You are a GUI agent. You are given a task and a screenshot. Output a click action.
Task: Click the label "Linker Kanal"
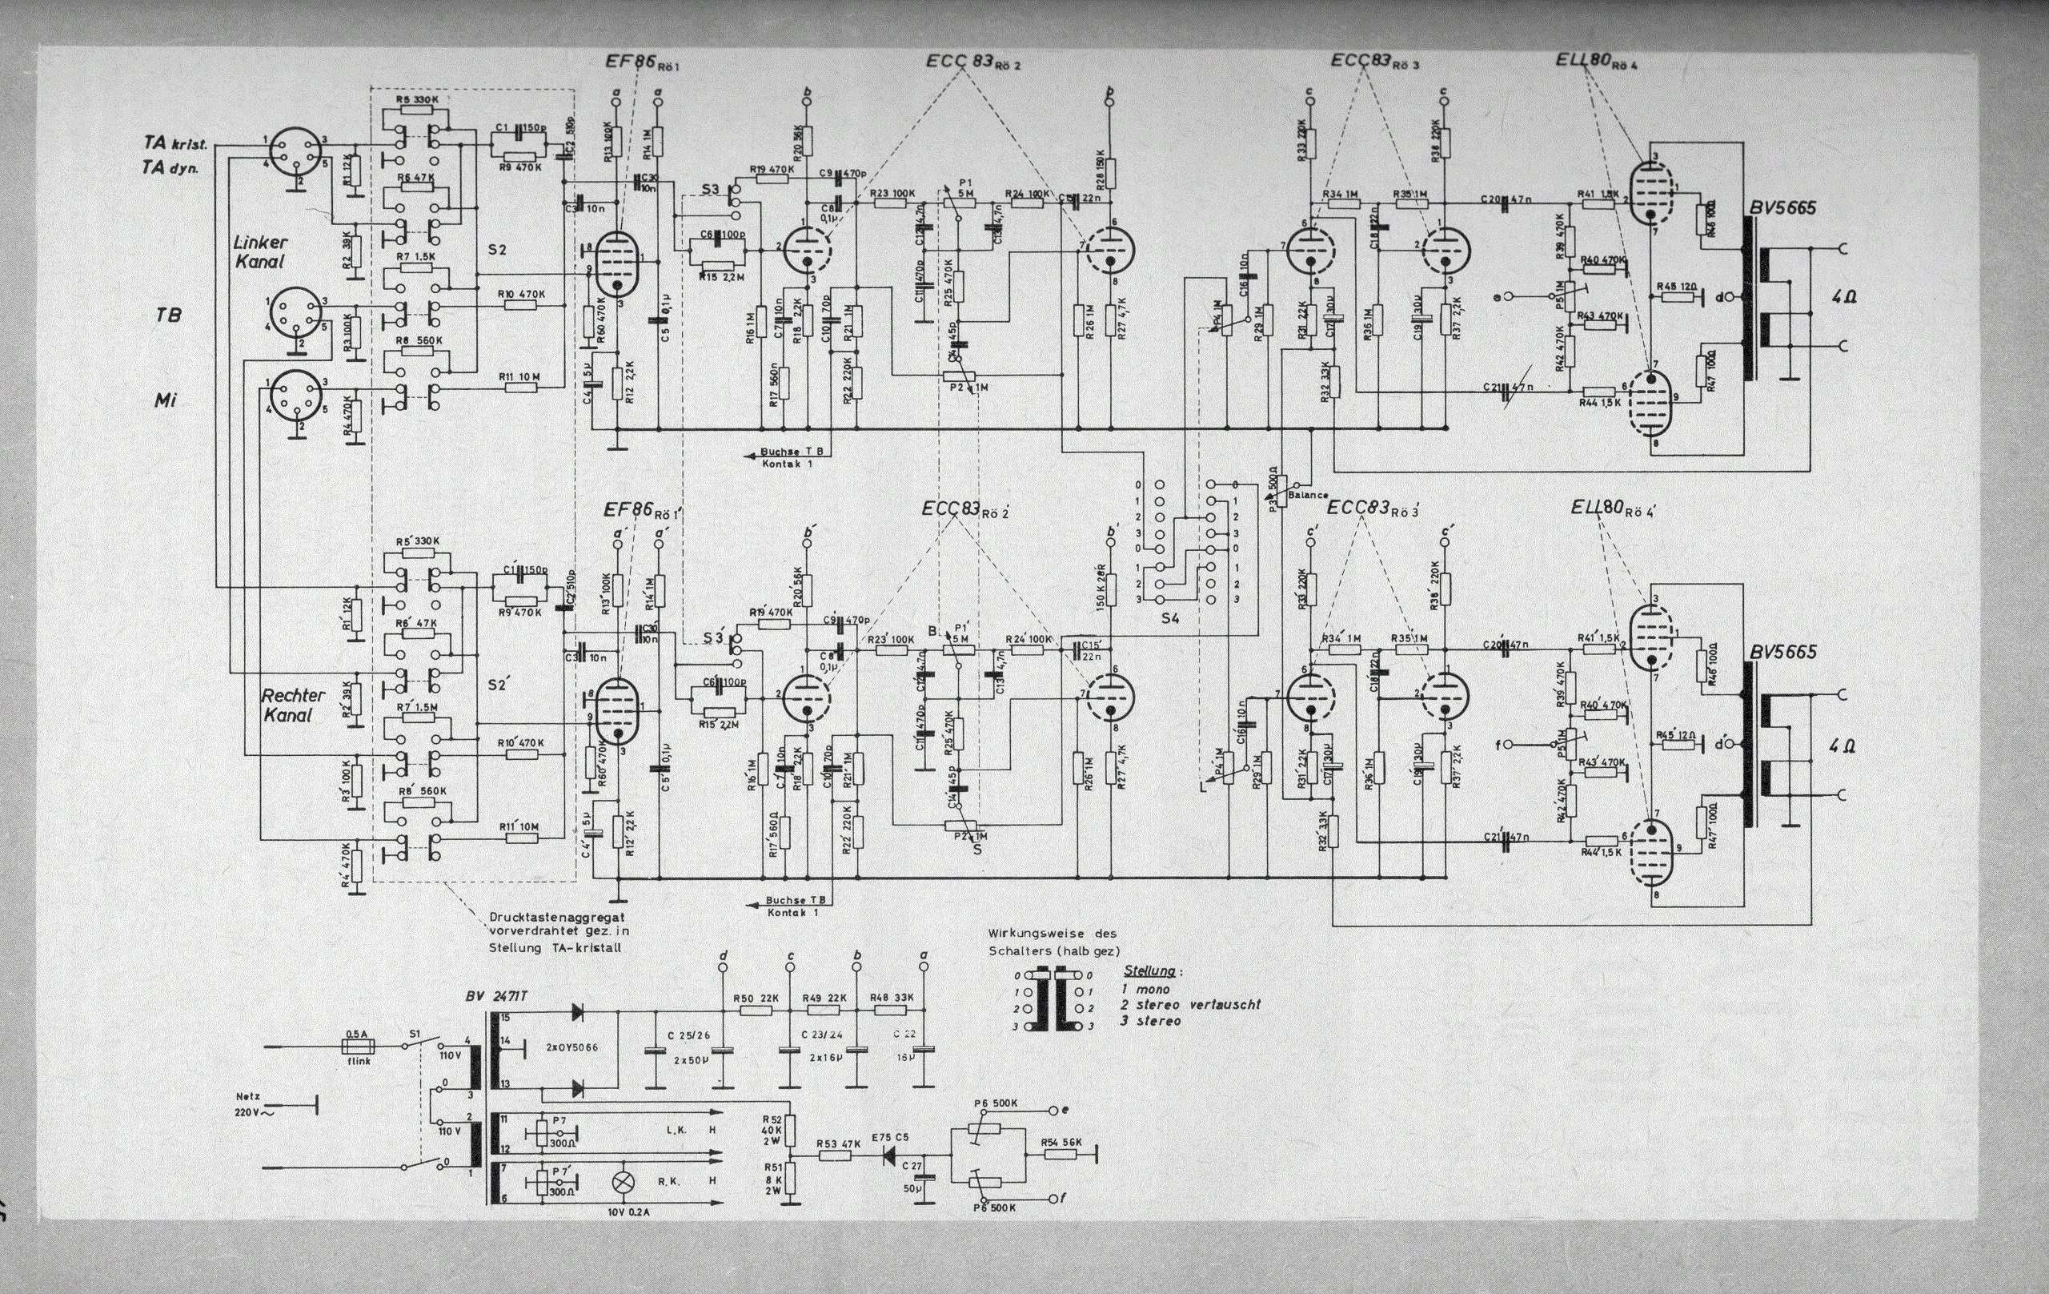point(260,251)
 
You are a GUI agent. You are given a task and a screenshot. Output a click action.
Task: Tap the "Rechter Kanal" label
point(287,705)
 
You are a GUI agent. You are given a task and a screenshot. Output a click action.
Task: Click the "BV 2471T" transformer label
point(501,997)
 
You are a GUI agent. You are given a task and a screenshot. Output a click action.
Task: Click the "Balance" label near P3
point(1308,495)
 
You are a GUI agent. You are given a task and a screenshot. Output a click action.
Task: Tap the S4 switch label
point(1170,619)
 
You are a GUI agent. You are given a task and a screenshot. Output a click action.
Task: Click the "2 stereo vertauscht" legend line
point(1190,1005)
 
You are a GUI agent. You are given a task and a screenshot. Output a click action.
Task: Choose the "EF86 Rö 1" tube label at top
point(644,62)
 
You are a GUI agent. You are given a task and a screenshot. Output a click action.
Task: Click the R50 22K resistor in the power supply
point(756,1011)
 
